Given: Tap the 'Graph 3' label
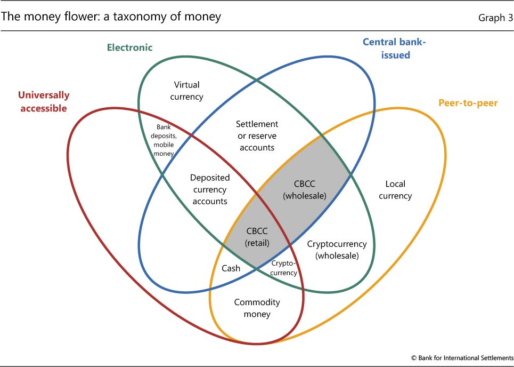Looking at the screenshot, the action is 496,18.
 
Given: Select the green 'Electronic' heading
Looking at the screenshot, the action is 130,47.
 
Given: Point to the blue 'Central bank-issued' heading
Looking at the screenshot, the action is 394,48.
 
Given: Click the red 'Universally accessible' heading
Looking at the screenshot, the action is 44,101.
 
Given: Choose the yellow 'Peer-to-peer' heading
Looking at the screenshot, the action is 468,103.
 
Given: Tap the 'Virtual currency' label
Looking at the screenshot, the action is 186,91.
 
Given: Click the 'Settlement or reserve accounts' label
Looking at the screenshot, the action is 257,135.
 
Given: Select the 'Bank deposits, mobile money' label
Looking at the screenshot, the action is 163,140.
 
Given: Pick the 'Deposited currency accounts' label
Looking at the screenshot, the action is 210,189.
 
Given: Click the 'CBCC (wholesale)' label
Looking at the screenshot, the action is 305,190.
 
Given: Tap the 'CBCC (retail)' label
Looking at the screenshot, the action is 257,237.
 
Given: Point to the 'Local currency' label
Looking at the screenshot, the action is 395,190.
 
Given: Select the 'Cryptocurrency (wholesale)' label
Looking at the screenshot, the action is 337,250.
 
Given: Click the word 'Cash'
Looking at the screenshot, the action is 231,268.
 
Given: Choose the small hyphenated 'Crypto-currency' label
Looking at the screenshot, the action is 283,268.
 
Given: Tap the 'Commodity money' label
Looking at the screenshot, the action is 257,308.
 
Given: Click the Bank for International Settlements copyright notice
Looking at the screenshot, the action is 462,357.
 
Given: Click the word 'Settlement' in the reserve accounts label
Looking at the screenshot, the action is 257,124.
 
